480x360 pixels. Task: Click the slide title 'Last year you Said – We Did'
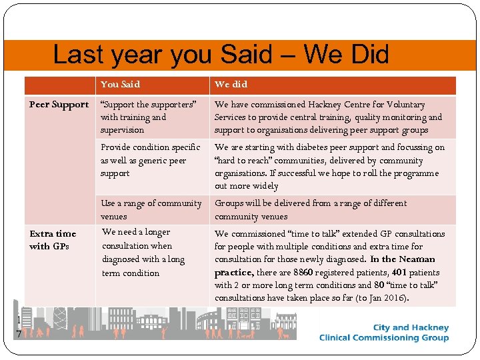[x=221, y=55]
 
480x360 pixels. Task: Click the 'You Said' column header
[x=120, y=85]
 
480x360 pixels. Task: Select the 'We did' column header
[x=231, y=85]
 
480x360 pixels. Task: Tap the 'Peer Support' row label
[x=59, y=105]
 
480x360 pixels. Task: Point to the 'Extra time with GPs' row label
[x=53, y=240]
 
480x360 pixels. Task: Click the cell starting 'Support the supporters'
[x=148, y=117]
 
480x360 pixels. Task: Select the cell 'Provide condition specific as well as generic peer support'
[x=150, y=160]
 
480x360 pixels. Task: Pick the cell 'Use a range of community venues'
[x=151, y=210]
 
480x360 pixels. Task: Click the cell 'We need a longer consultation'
[x=143, y=253]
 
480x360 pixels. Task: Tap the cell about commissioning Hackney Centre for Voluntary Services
[x=328, y=117]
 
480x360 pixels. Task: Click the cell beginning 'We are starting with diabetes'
[x=329, y=167]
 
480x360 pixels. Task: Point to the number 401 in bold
[x=399, y=273]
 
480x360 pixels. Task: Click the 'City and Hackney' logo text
[x=411, y=327]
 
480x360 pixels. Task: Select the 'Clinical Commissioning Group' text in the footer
[x=384, y=337]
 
